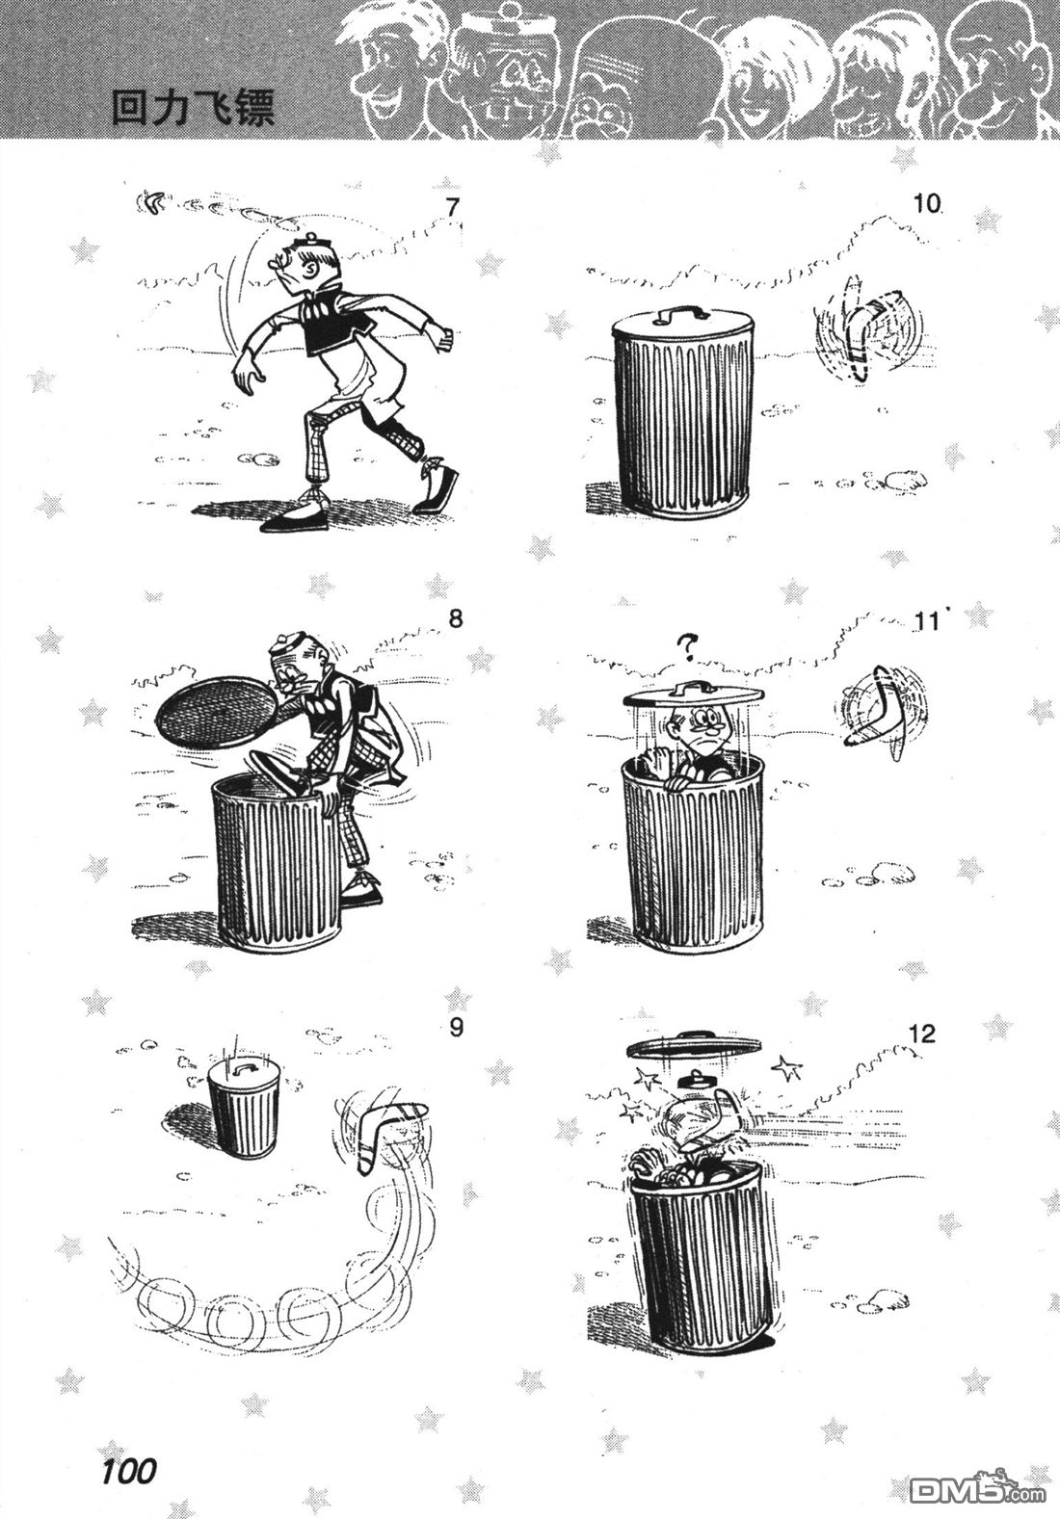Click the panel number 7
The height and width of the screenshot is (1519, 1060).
click(452, 207)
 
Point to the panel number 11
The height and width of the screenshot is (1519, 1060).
click(926, 621)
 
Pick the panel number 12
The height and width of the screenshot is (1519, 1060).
click(922, 1034)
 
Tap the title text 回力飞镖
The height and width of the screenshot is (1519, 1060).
click(193, 109)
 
